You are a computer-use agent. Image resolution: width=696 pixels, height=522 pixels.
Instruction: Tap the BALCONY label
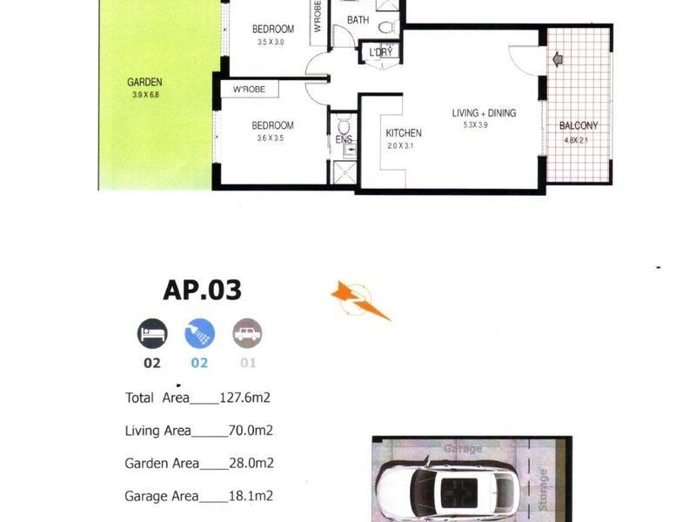pyautogui.click(x=579, y=125)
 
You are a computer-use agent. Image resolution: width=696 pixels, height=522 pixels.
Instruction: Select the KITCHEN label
pyautogui.click(x=404, y=133)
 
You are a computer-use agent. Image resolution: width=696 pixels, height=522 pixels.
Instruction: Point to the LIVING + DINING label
pyautogui.click(x=484, y=113)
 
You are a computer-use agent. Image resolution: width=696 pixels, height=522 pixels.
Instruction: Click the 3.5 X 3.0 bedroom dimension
pyautogui.click(x=275, y=42)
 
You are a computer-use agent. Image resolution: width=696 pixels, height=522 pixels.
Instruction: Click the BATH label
pyautogui.click(x=358, y=19)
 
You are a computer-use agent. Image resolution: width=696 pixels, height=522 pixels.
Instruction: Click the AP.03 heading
pyautogui.click(x=202, y=291)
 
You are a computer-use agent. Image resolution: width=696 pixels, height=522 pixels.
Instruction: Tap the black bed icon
pyautogui.click(x=151, y=333)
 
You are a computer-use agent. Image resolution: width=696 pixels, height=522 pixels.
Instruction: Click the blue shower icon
pyautogui.click(x=199, y=333)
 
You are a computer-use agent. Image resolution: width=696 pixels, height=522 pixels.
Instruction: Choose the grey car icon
pyautogui.click(x=247, y=333)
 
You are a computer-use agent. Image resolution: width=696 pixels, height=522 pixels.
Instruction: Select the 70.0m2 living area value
pyautogui.click(x=249, y=431)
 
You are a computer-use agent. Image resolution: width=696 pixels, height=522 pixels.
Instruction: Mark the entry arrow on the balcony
pyautogui.click(x=559, y=60)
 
